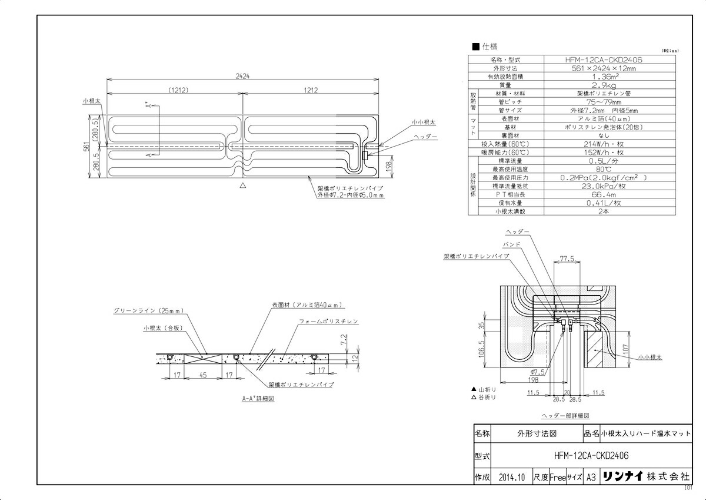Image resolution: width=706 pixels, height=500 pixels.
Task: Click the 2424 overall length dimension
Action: pyautogui.click(x=242, y=76)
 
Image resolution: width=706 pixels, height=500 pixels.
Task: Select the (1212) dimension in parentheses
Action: pyautogui.click(x=177, y=90)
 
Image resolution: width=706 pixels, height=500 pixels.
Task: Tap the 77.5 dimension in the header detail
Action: pyautogui.click(x=567, y=258)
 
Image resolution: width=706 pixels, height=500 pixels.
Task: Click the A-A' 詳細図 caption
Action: pyautogui.click(x=258, y=399)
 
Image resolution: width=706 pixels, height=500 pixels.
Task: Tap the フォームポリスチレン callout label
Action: pyautogui.click(x=328, y=322)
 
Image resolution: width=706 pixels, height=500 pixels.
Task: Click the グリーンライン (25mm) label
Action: pyautogui.click(x=149, y=310)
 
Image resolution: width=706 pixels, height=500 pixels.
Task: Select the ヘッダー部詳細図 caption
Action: pyautogui.click(x=565, y=415)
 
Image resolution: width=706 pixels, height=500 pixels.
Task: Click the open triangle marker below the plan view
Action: pyautogui.click(x=242, y=185)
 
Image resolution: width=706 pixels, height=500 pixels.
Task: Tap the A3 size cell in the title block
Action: pyautogui.click(x=591, y=478)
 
